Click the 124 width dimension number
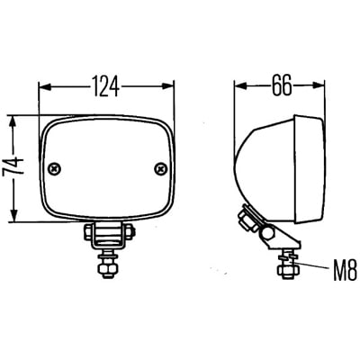click(105, 86)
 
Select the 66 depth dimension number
click(282, 85)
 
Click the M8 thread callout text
click(345, 270)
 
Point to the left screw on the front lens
click(55, 169)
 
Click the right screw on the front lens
click(161, 169)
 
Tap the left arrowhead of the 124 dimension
click(45, 87)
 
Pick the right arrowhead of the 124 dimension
click(168, 86)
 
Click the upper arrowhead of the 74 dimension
click(13, 121)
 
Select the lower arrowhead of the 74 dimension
click(13, 216)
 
